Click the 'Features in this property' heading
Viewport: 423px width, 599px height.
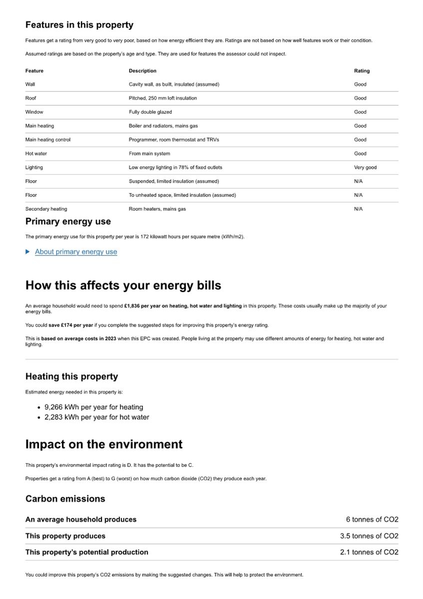pyautogui.click(x=79, y=25)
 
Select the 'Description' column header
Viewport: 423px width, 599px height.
pyautogui.click(x=142, y=71)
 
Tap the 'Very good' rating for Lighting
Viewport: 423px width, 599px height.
pyautogui.click(x=365, y=167)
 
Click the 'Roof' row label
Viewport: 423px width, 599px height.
pyautogui.click(x=30, y=98)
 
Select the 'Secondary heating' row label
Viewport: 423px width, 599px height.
pyautogui.click(x=46, y=209)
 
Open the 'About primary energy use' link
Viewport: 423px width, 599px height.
pyautogui.click(x=76, y=252)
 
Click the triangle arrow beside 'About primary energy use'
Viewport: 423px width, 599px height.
pyautogui.click(x=27, y=252)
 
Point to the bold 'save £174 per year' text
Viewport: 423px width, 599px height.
pyautogui.click(x=70, y=325)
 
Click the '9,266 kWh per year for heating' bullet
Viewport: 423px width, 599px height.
pyautogui.click(x=93, y=407)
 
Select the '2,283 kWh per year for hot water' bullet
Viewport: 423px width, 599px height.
pyautogui.click(x=96, y=417)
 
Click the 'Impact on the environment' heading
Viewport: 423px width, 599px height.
pyautogui.click(x=104, y=444)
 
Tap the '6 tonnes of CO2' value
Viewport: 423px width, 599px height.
pyautogui.click(x=372, y=520)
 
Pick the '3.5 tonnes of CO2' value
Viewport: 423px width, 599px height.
pyautogui.click(x=369, y=536)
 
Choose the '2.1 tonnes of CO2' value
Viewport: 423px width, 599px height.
pyautogui.click(x=369, y=552)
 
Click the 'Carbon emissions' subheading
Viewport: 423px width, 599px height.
pyautogui.click(x=65, y=499)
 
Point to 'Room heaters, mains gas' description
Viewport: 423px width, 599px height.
pyautogui.click(x=157, y=209)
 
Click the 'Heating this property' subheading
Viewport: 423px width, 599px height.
pyautogui.click(x=71, y=376)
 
